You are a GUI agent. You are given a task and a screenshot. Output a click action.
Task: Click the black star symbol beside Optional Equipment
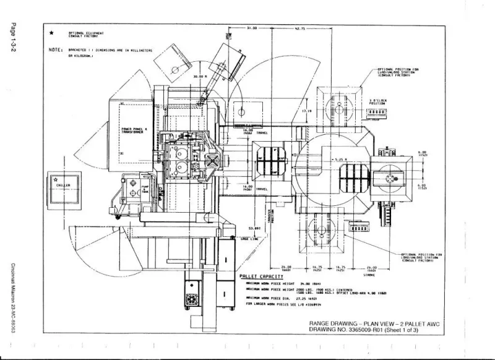click(x=52, y=33)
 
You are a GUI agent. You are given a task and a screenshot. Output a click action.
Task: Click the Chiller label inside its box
click(x=64, y=184)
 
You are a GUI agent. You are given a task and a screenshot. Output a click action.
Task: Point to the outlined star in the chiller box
click(x=56, y=178)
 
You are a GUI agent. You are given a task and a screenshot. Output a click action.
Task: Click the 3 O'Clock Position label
click(x=377, y=102)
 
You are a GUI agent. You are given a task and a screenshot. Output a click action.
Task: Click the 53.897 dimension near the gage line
click(x=253, y=228)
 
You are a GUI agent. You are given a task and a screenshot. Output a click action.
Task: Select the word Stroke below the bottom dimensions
click(x=361, y=273)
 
